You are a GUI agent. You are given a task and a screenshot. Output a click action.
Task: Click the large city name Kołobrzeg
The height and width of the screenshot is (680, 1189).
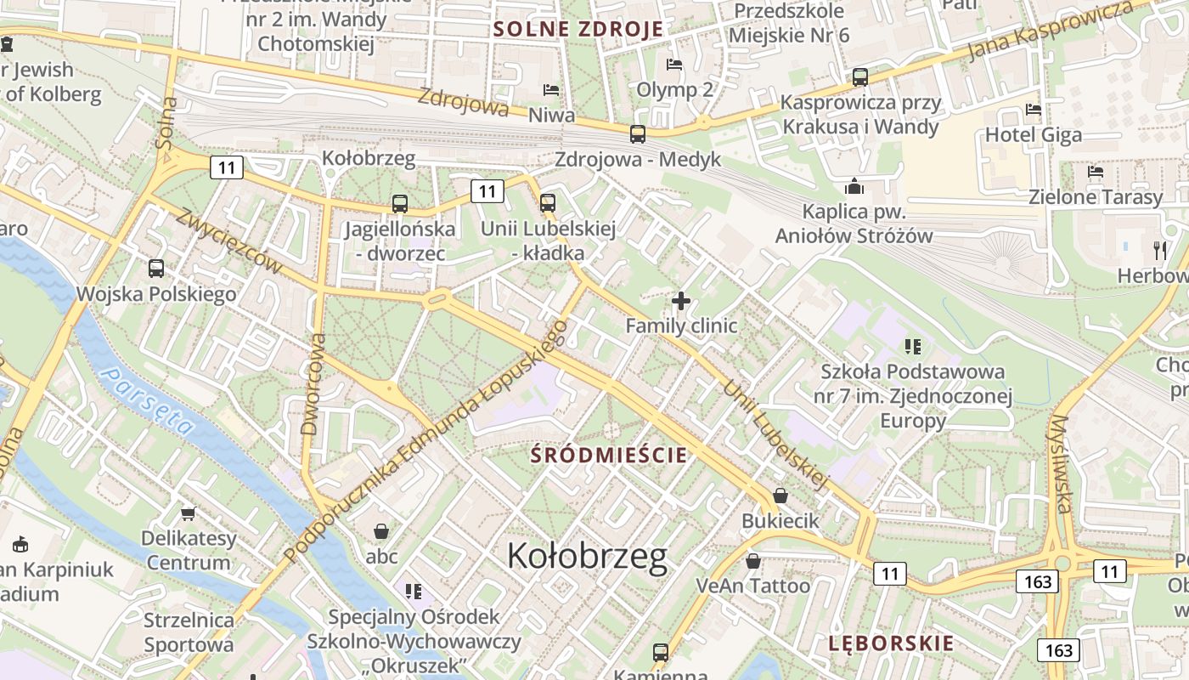[587, 557]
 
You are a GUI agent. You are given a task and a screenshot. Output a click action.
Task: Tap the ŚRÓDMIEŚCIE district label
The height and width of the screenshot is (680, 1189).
[608, 455]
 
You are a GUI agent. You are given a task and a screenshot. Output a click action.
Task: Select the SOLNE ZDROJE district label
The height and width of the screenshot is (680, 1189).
[578, 30]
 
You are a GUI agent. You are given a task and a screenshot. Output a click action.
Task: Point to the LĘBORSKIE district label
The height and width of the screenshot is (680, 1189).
[891, 643]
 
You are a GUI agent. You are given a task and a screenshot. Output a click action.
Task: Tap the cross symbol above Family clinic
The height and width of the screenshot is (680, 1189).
[680, 301]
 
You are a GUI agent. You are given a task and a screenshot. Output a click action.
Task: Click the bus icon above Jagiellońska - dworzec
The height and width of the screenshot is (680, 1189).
[400, 204]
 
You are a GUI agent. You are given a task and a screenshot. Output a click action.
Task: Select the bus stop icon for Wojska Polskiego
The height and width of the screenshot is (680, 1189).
[156, 269]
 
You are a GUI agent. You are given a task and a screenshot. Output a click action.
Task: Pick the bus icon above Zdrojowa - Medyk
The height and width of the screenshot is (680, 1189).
[638, 133]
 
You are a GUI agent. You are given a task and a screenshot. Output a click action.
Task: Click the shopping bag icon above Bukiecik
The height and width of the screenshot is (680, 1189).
[780, 495]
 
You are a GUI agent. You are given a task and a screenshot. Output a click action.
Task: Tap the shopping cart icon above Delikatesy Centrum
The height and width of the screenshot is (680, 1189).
[188, 513]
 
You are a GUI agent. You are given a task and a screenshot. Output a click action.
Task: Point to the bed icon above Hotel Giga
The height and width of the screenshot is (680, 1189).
[1033, 110]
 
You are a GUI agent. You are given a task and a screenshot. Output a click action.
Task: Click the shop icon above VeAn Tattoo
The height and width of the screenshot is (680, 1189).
[752, 560]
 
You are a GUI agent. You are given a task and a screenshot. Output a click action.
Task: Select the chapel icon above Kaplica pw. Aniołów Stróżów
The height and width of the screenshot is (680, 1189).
[854, 186]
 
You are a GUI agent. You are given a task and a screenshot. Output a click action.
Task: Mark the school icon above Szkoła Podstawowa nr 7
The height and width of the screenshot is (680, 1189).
[913, 346]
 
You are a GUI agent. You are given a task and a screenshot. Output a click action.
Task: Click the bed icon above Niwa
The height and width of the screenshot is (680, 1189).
[551, 89]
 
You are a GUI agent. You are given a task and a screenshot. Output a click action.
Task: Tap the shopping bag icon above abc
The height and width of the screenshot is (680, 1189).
[381, 531]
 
